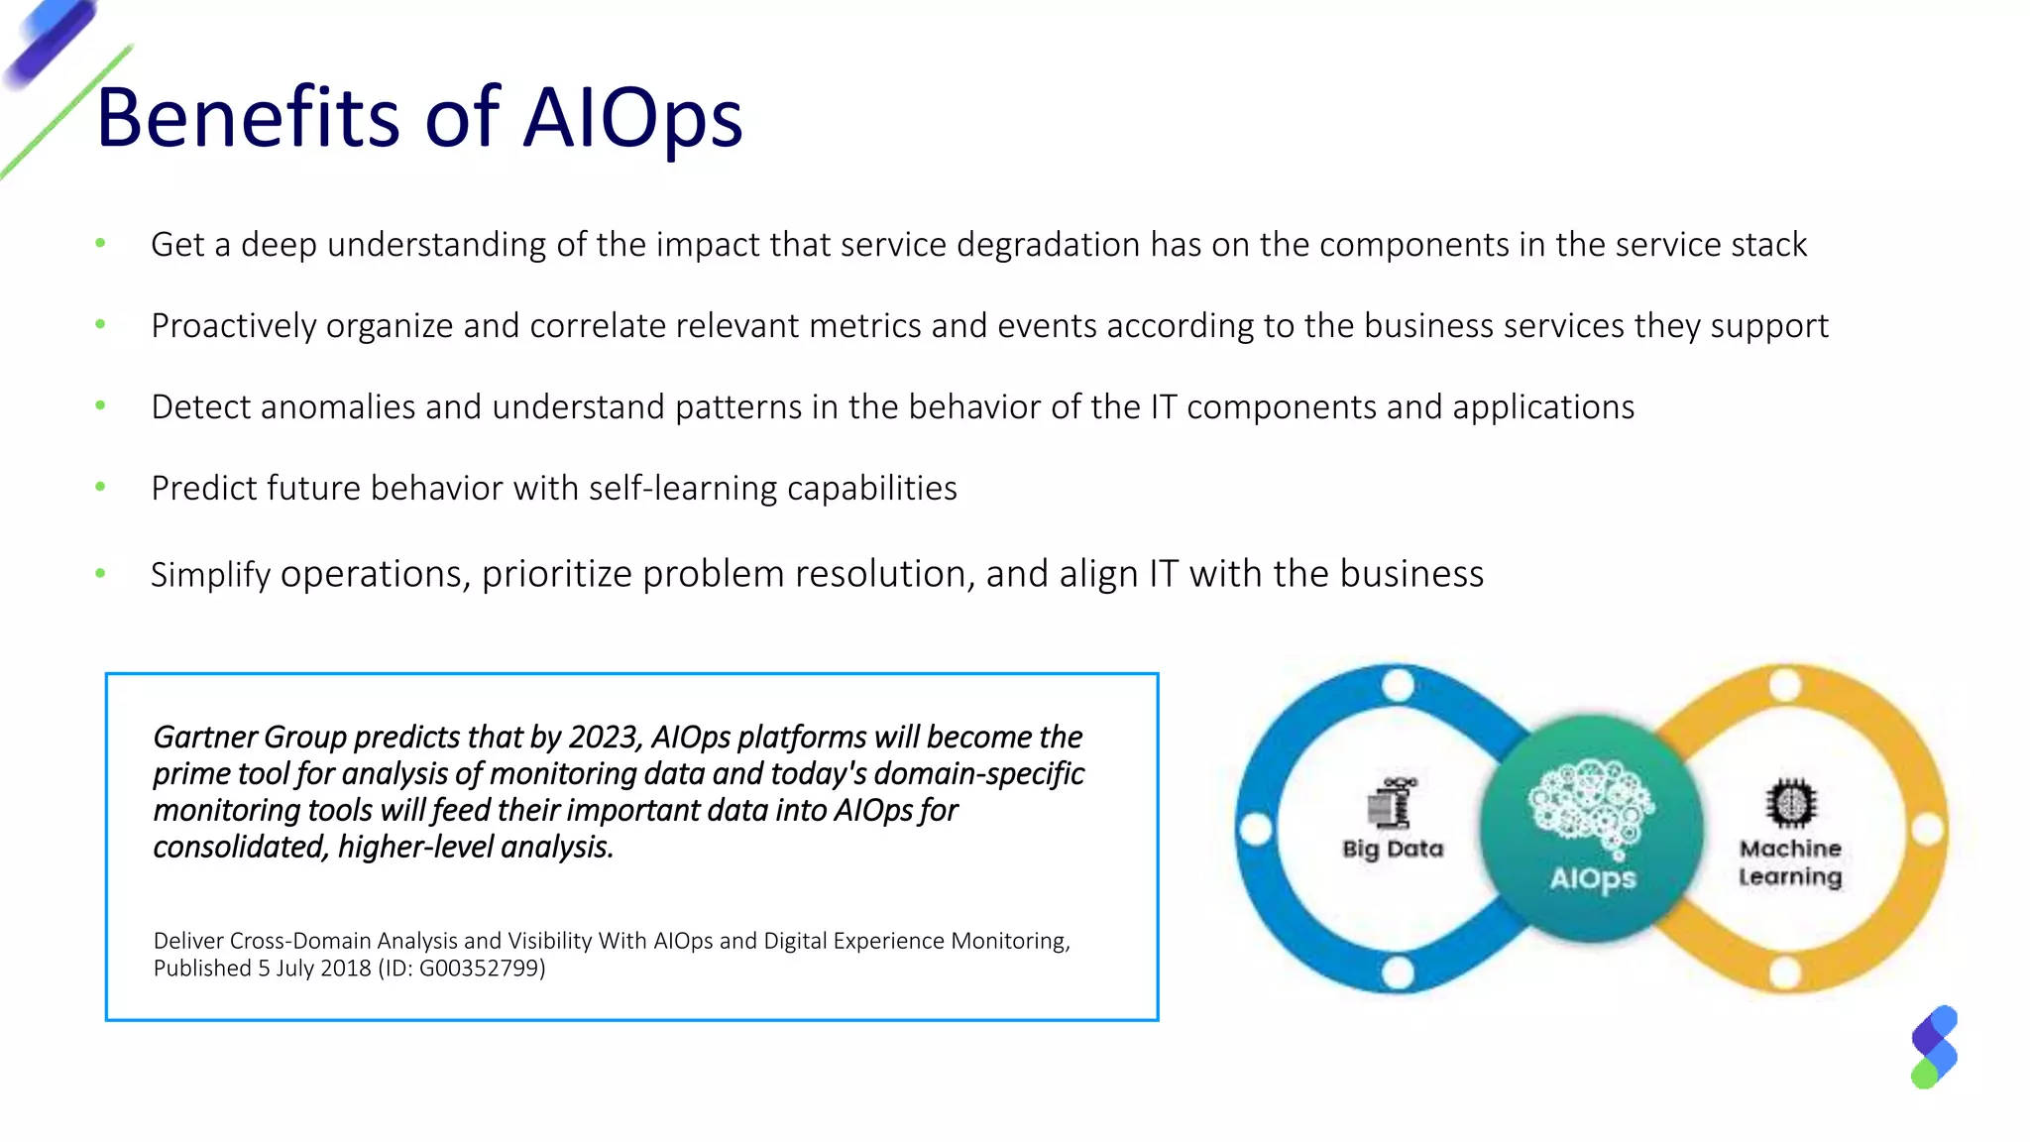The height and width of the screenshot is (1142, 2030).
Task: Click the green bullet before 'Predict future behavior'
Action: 100,487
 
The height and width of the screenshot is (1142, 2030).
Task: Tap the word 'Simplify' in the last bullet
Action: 210,575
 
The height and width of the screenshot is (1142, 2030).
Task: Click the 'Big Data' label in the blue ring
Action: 1393,849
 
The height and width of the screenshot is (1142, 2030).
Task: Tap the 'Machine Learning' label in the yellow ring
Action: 1790,862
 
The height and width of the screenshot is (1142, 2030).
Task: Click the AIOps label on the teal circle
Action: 1593,878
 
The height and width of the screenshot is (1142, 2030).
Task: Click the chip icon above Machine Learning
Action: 1790,803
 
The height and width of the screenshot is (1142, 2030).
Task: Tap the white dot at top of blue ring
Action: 1398,685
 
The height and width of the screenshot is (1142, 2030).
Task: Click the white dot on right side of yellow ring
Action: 1927,830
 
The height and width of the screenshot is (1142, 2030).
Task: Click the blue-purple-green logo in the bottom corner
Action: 1934,1047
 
